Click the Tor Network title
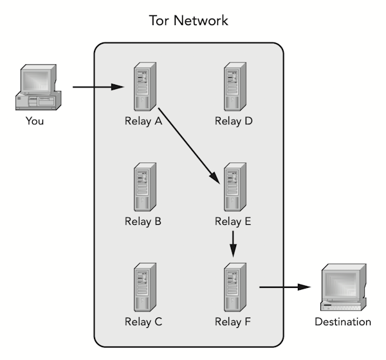188,21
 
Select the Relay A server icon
143,88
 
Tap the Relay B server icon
143,187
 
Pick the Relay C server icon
143,287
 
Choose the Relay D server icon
233,88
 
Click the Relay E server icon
233,187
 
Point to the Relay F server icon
233,287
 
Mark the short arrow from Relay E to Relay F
233,244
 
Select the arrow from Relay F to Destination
282,287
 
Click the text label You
35,121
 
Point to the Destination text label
342,321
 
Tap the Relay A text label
143,122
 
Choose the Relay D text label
233,122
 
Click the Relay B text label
143,222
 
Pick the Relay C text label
143,321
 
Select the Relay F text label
233,321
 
